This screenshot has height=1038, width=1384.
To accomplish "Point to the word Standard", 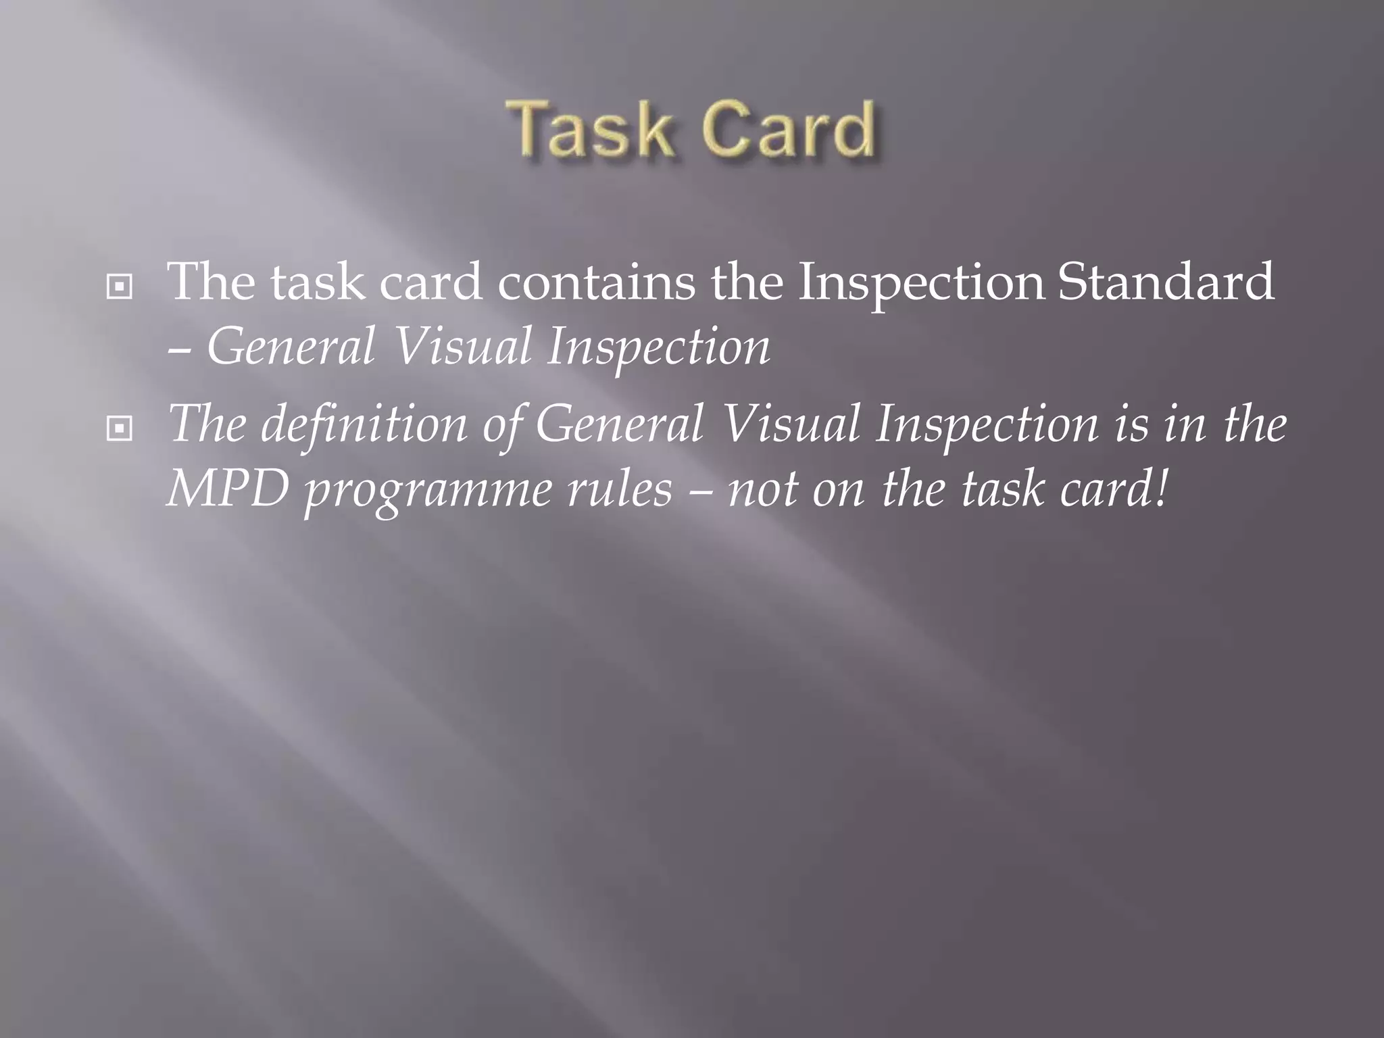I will point(1166,282).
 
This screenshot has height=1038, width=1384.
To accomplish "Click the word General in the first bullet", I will point(291,347).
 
